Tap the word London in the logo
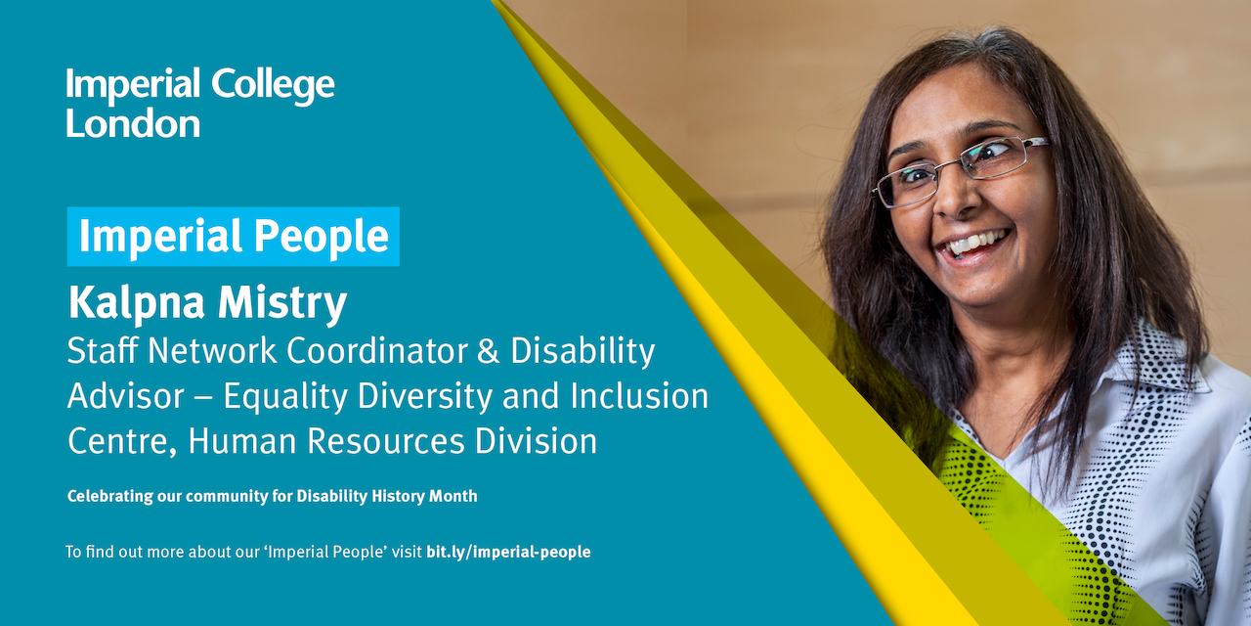click(x=133, y=123)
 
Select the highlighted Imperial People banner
click(x=233, y=237)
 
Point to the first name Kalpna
click(x=136, y=304)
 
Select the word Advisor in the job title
click(x=126, y=396)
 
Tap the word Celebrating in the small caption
click(x=110, y=496)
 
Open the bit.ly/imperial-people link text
click(x=508, y=552)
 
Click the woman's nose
click(x=951, y=201)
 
